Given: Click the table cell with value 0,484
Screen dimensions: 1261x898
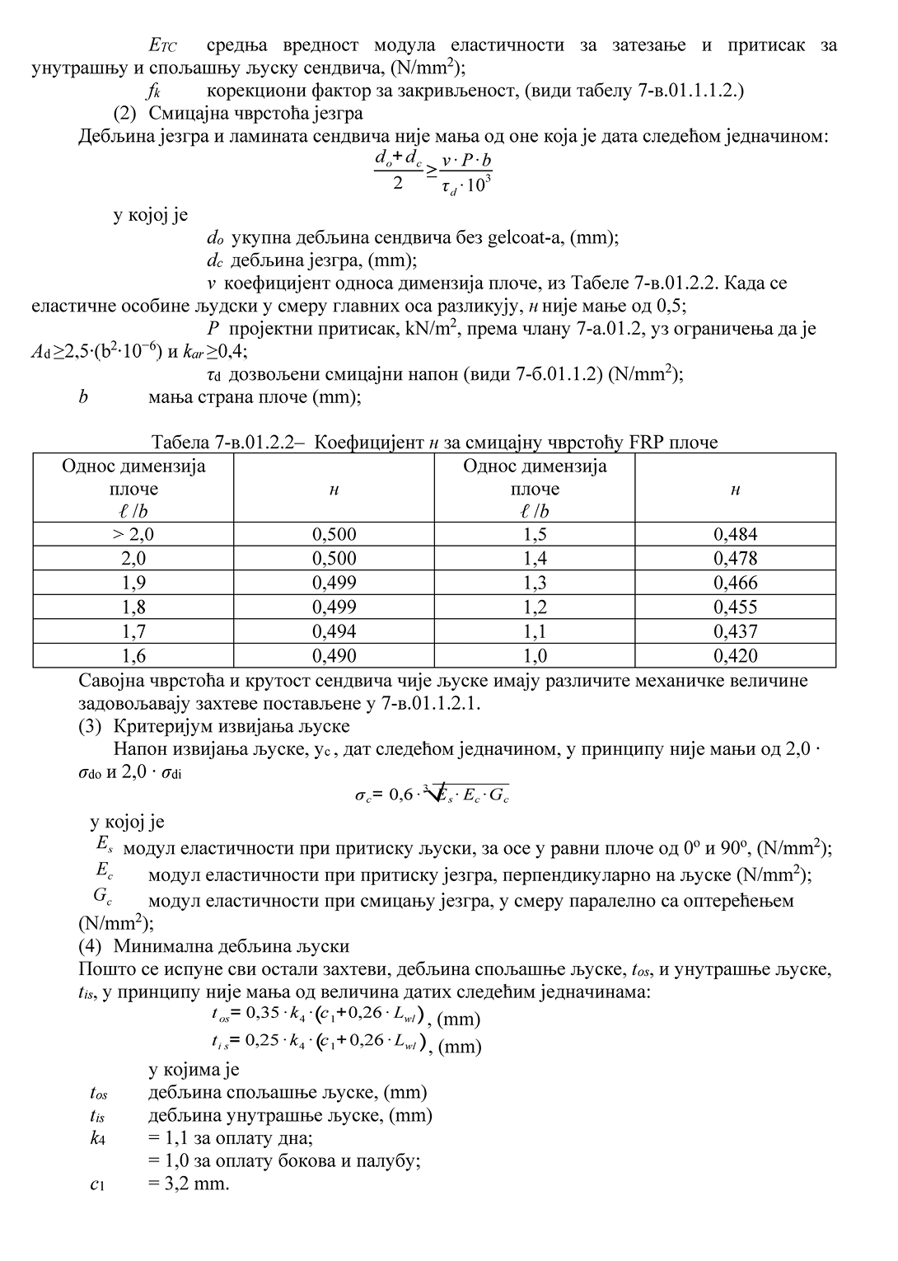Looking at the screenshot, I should tap(735, 534).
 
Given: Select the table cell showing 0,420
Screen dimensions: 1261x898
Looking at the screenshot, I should tap(735, 656).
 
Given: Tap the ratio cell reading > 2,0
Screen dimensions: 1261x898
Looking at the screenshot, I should tap(133, 534).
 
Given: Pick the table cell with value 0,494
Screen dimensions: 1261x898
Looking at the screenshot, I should tap(334, 631).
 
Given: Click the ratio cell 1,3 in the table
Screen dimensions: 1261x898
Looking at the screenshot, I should tap(535, 583).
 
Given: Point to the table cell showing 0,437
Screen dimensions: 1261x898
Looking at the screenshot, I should tap(735, 631).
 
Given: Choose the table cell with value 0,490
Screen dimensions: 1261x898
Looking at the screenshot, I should tap(334, 656).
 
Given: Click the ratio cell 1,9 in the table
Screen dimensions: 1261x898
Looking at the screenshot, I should tap(133, 583).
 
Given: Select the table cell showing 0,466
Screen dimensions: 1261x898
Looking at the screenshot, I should tap(735, 583).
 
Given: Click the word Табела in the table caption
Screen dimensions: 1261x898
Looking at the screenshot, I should tap(180, 443).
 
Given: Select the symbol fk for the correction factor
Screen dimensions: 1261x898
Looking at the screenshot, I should tap(153, 91).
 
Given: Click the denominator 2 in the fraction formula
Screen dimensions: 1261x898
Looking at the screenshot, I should tap(398, 182).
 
